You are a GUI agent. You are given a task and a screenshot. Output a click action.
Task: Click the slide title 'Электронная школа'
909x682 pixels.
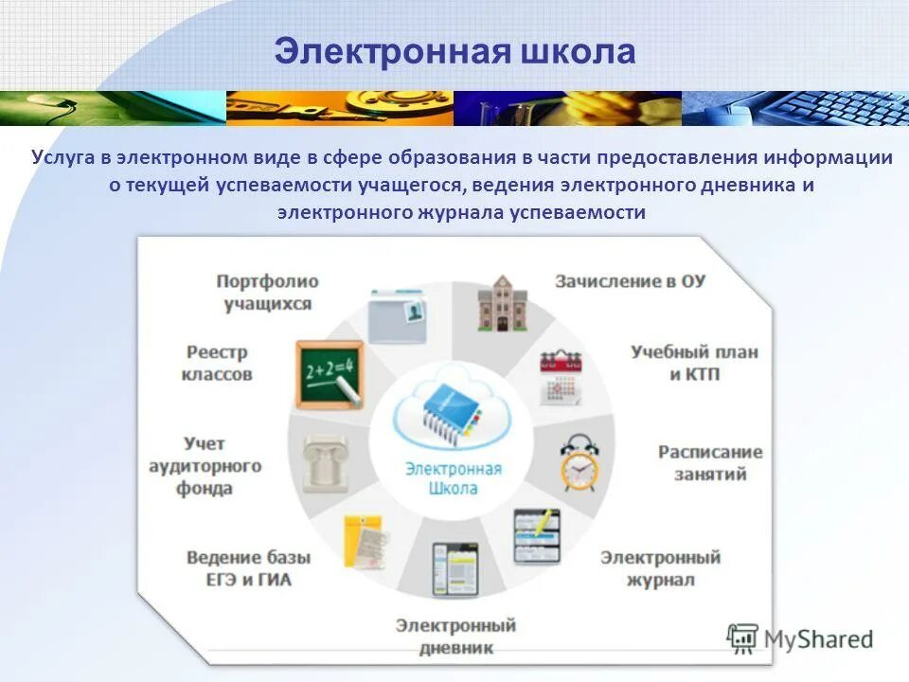454,51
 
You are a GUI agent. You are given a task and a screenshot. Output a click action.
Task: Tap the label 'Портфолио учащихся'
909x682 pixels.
267,293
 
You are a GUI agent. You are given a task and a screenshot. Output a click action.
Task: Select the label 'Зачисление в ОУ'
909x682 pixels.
631,281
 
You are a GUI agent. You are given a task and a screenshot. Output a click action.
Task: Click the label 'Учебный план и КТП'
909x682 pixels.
694,363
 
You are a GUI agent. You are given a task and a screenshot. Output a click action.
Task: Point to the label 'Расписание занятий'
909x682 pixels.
709,462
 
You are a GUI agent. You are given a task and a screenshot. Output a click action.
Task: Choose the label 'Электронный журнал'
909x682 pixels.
660,567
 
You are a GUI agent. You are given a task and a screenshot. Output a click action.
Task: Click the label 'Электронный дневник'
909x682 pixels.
455,637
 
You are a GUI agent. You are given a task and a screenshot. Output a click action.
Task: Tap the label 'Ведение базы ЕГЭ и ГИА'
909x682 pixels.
248,568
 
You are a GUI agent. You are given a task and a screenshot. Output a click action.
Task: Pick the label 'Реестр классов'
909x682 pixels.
217,363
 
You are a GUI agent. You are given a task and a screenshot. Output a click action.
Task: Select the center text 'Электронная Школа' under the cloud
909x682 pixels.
453,478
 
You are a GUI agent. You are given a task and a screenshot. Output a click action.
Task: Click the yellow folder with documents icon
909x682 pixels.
365,541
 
